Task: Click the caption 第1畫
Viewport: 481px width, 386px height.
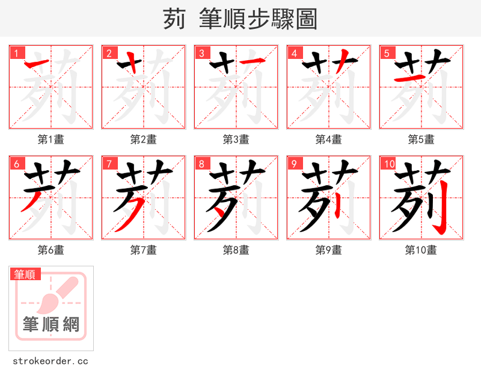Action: tap(51, 139)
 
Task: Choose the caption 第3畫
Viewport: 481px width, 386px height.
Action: tap(236, 139)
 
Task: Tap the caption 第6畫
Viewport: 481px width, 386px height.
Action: tap(51, 250)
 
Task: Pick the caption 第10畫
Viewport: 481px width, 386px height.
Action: tap(421, 250)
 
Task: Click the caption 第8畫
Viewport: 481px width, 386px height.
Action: tap(236, 250)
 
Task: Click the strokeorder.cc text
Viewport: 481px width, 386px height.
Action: tap(51, 361)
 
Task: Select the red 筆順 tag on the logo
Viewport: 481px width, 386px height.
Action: tap(25, 274)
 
